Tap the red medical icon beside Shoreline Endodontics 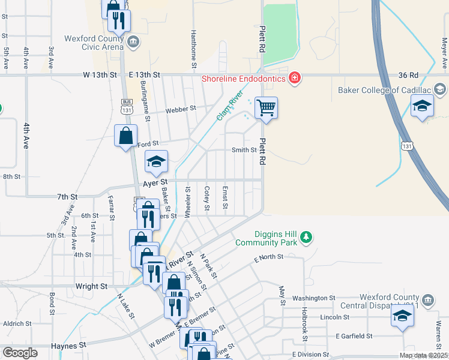[294, 77]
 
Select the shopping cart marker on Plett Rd [266, 108]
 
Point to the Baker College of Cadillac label [385, 90]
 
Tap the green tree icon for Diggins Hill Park [306, 235]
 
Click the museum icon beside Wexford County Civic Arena [133, 41]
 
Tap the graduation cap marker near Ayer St [156, 161]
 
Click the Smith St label [244, 150]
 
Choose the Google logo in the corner [20, 353]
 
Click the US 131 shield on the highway [408, 146]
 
